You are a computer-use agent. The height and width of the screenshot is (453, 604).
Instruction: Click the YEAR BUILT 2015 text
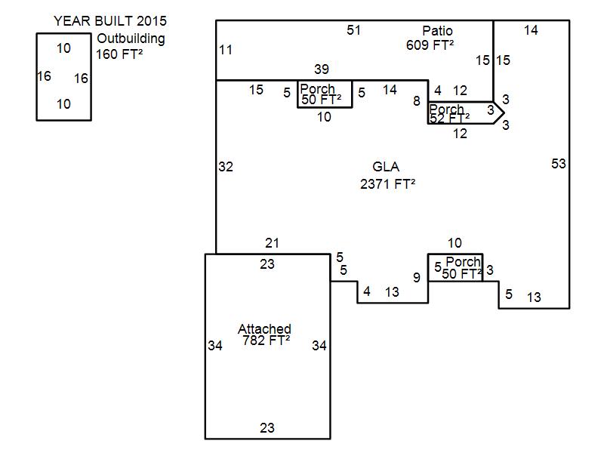110,20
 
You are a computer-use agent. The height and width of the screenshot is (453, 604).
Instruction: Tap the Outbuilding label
131,39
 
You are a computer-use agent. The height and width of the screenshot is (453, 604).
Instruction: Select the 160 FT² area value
119,54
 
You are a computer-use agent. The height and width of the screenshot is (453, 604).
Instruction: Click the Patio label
437,31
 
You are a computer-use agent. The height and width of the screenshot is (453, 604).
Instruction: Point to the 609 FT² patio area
430,45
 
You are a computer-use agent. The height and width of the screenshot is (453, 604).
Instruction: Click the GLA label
386,167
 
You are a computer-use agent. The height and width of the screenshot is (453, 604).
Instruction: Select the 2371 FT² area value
388,183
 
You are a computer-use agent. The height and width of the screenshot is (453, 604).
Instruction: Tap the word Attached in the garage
264,329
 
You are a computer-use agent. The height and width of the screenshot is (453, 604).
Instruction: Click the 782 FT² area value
267,341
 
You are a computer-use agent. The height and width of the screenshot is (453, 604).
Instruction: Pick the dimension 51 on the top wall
354,30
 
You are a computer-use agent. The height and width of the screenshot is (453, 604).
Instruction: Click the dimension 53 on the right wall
558,164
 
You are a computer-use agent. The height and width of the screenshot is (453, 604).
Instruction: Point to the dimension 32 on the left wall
226,167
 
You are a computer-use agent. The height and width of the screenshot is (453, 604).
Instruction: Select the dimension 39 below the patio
322,69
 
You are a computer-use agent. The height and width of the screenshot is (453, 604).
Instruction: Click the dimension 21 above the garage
273,242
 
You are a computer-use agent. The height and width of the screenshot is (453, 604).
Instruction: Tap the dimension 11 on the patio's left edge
226,50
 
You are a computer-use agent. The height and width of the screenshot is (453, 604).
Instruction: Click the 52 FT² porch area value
448,118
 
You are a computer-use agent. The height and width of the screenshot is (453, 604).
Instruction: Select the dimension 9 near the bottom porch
416,278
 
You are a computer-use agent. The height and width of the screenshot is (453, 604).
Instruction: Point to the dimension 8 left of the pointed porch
417,101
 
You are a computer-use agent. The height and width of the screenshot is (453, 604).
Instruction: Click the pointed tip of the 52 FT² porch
504,112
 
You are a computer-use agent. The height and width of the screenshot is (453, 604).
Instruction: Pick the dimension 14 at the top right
531,30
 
